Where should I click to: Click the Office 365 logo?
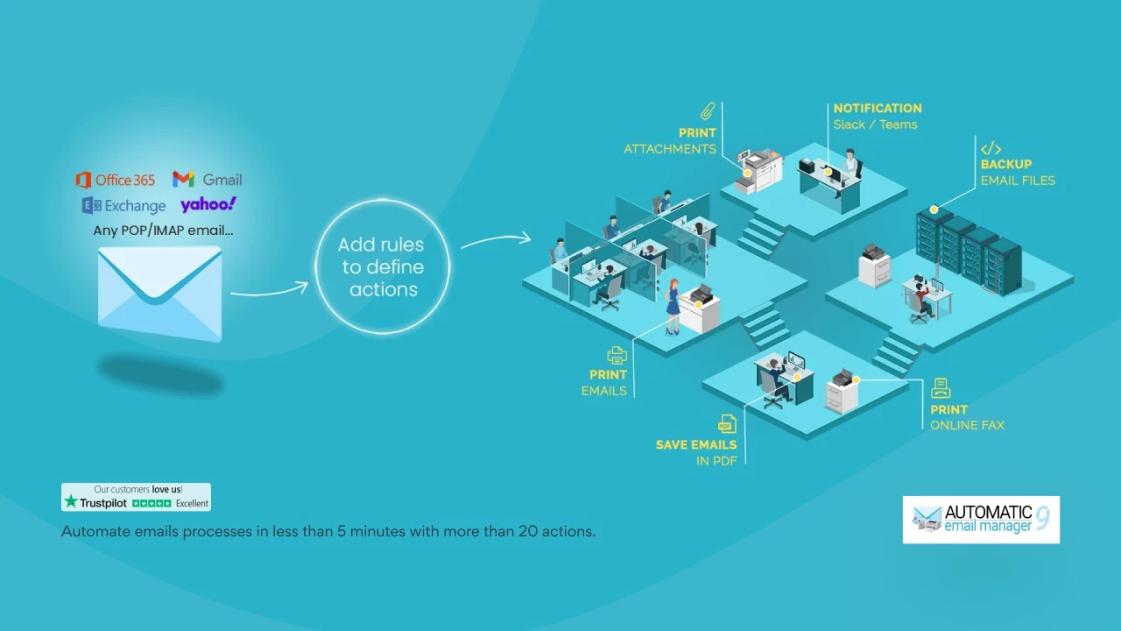(115, 180)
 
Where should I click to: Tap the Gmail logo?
(208, 180)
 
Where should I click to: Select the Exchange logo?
(123, 205)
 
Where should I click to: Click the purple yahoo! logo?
(208, 204)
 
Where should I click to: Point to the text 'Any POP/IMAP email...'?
(163, 230)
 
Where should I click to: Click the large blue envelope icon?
(159, 294)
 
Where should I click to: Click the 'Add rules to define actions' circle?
(383, 267)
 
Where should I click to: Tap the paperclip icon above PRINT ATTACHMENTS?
(708, 111)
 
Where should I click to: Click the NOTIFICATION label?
(878, 108)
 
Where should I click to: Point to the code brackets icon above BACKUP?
(991, 149)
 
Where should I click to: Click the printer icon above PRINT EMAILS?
(617, 356)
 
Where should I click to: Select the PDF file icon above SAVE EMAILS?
(727, 424)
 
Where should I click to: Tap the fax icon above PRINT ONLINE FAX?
(941, 388)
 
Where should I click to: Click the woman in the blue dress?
(673, 307)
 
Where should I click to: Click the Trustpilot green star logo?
(71, 502)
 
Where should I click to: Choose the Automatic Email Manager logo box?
(981, 520)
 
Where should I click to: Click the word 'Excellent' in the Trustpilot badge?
(192, 503)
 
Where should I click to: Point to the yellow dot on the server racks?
(934, 209)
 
